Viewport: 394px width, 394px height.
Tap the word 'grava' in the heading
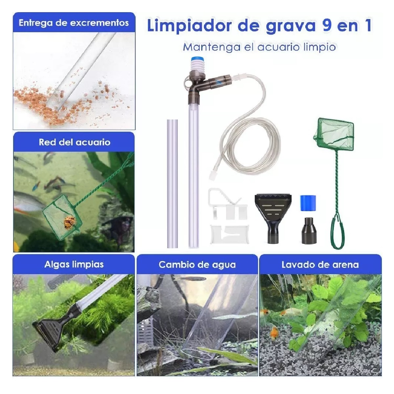(x=291, y=27)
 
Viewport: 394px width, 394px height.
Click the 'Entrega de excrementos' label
(x=74, y=23)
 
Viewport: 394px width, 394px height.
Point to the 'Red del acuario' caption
(x=75, y=142)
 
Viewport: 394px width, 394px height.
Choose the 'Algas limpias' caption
(x=74, y=265)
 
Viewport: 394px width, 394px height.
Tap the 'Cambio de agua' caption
(x=197, y=265)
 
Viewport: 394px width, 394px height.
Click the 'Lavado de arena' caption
(x=320, y=265)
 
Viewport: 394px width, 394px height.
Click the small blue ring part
(x=308, y=203)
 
